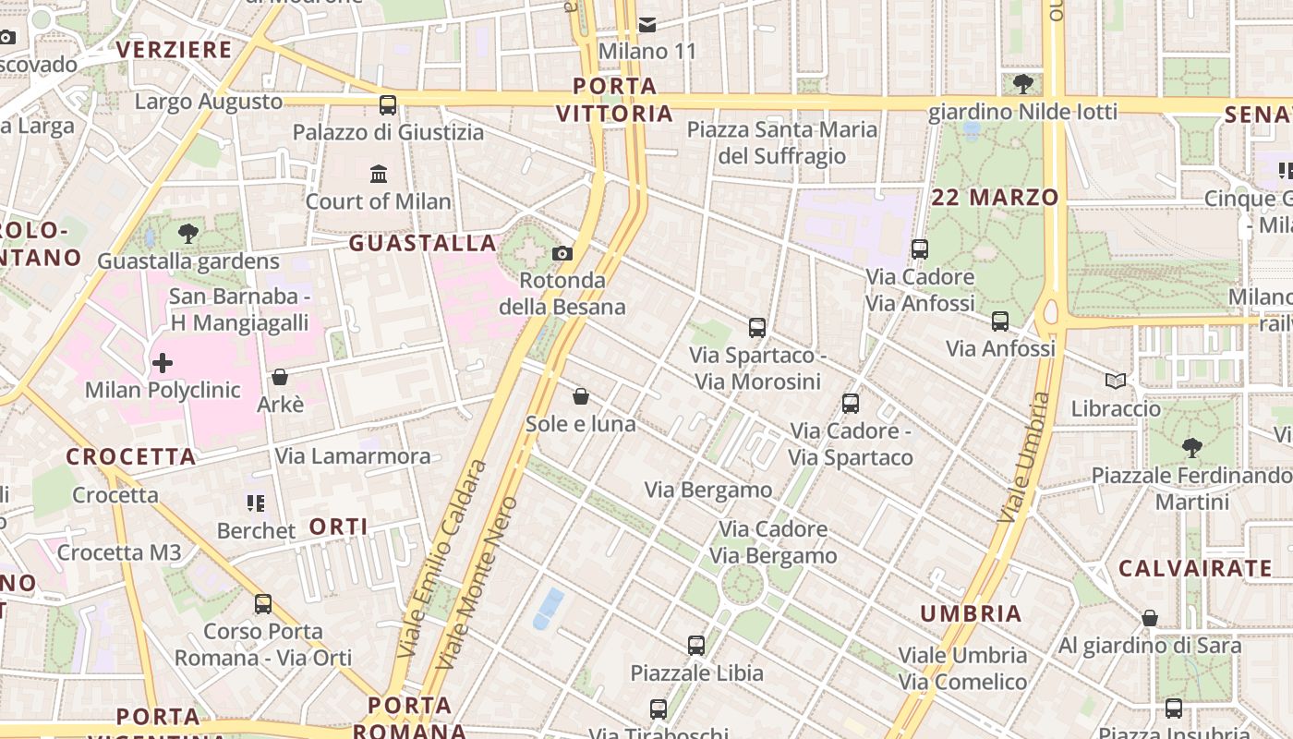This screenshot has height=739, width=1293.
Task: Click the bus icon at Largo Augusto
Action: [388, 105]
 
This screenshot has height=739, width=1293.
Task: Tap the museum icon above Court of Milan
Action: [379, 174]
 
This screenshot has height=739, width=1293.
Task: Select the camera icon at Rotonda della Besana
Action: [562, 253]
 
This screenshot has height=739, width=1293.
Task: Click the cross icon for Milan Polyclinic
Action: [163, 363]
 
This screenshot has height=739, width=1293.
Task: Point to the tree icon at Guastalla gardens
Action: [188, 234]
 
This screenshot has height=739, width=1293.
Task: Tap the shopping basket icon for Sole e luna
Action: [581, 396]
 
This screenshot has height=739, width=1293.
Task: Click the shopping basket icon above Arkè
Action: [279, 377]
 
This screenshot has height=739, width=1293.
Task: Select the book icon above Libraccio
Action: [1116, 381]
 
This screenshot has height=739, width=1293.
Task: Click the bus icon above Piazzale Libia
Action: [696, 646]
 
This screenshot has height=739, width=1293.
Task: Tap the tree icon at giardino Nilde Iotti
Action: [1022, 84]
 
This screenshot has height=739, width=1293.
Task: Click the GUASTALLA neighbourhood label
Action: [423, 243]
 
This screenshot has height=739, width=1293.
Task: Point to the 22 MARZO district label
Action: [995, 197]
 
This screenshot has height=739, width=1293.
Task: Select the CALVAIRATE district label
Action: [1195, 568]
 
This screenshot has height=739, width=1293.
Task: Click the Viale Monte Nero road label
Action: [477, 584]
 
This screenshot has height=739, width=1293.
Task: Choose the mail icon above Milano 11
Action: [647, 24]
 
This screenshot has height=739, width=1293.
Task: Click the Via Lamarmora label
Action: [353, 456]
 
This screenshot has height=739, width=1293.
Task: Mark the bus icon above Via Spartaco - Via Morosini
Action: [757, 327]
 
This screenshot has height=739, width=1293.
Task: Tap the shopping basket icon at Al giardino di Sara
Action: [1150, 618]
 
